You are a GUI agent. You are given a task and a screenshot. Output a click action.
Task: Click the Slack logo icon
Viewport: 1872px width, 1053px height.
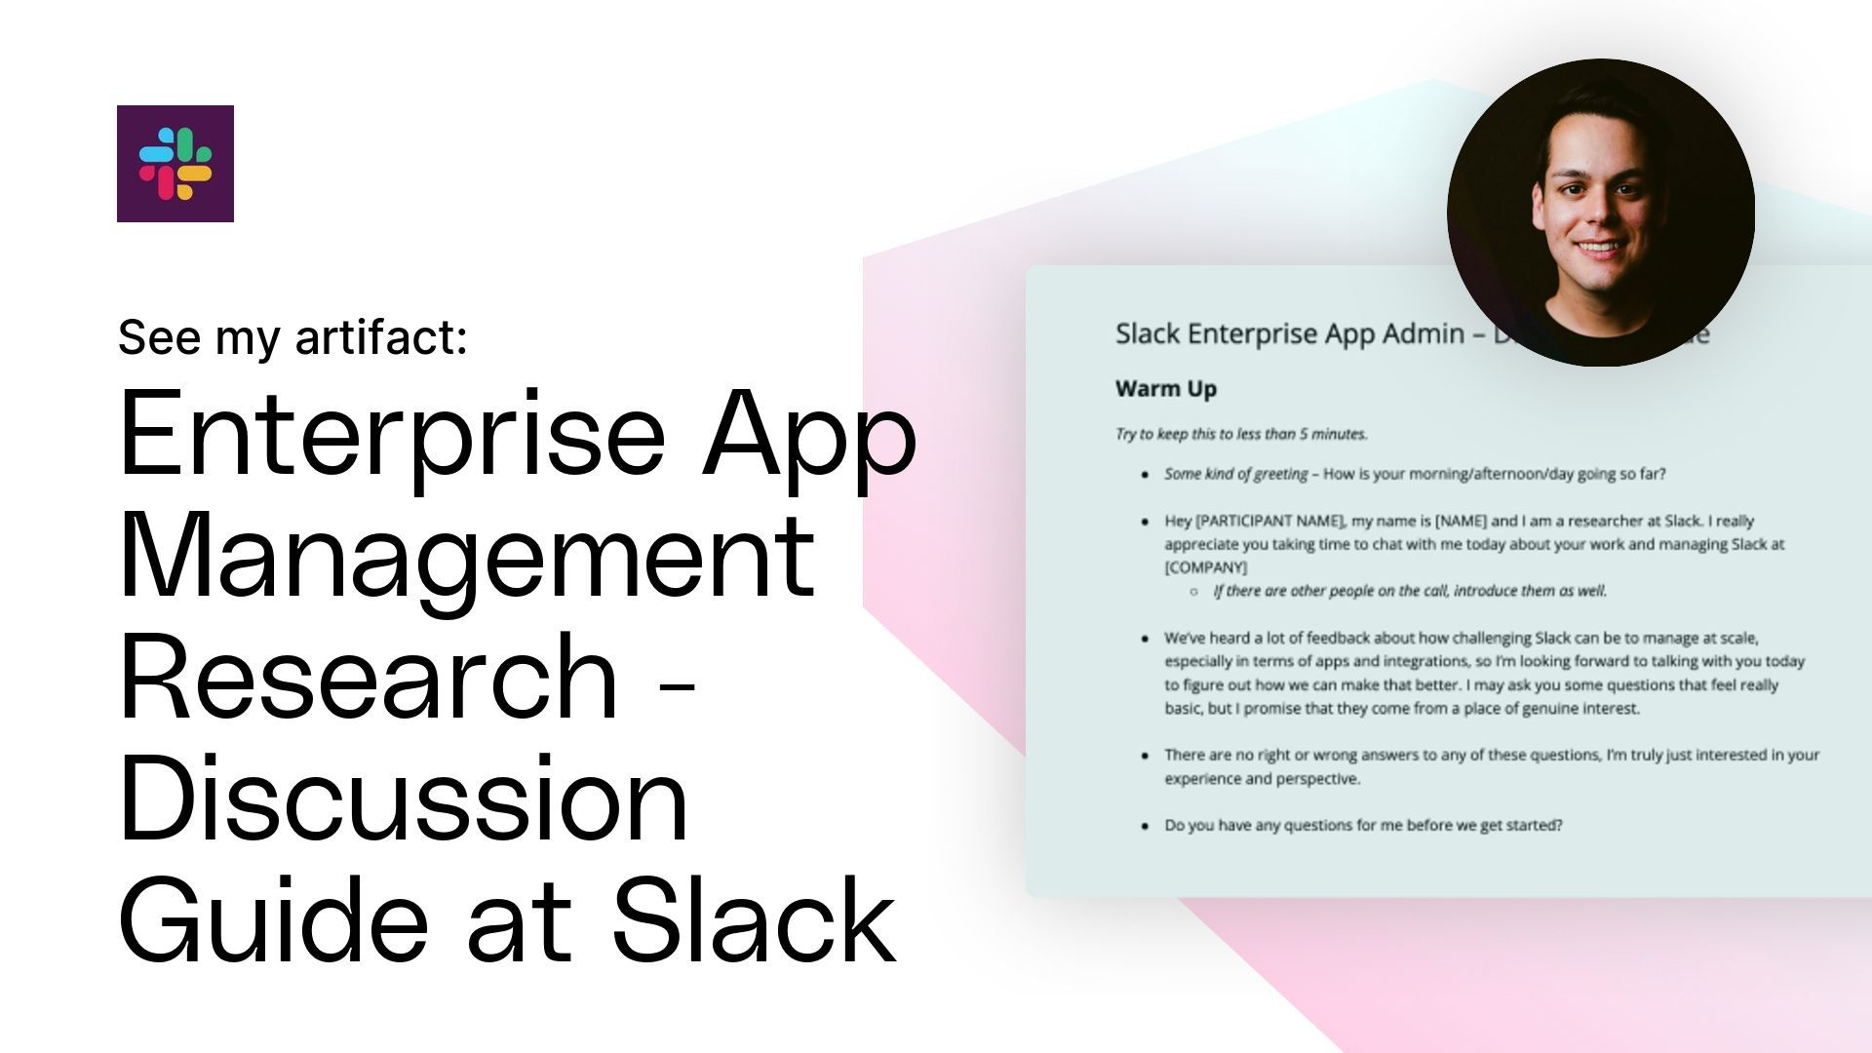click(x=175, y=164)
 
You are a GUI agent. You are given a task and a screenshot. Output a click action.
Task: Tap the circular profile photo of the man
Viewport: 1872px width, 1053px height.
click(x=1600, y=213)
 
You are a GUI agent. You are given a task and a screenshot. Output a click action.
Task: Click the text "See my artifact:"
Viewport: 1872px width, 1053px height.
click(x=292, y=337)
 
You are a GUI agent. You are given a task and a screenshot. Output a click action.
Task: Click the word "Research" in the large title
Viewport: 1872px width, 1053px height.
click(x=369, y=676)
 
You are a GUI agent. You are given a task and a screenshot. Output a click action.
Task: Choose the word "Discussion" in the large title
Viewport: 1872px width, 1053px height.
click(x=404, y=798)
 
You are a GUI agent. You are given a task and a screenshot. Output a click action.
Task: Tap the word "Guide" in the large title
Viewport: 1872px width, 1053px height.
click(x=273, y=919)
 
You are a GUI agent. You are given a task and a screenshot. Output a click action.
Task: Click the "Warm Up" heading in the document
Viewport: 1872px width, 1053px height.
click(x=1166, y=389)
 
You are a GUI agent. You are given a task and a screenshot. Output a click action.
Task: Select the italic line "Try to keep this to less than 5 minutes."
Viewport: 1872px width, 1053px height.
click(x=1241, y=434)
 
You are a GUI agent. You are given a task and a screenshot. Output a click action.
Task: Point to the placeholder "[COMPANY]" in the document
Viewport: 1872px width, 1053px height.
click(x=1205, y=567)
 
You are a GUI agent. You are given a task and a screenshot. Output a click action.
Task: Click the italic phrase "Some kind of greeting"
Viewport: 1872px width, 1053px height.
click(x=1235, y=474)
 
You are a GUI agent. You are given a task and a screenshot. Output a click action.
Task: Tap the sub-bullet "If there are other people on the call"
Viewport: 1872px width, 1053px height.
click(x=1409, y=591)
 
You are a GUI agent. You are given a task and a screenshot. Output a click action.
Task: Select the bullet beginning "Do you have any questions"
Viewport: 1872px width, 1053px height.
click(x=1363, y=825)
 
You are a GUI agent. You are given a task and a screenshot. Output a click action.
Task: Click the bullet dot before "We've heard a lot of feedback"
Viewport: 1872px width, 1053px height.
click(x=1145, y=640)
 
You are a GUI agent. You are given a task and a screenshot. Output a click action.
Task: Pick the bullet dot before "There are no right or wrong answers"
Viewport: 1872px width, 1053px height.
click(x=1145, y=757)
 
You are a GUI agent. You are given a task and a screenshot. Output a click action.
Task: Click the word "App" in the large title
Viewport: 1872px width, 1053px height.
click(x=809, y=432)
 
